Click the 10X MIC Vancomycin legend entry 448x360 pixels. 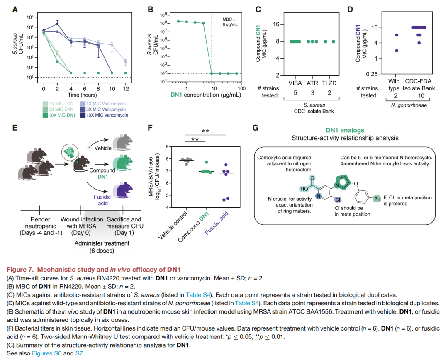pos(107,115)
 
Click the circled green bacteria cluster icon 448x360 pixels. pos(71,153)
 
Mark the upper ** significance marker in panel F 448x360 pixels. pos(205,131)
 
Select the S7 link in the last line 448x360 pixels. pos(79,353)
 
